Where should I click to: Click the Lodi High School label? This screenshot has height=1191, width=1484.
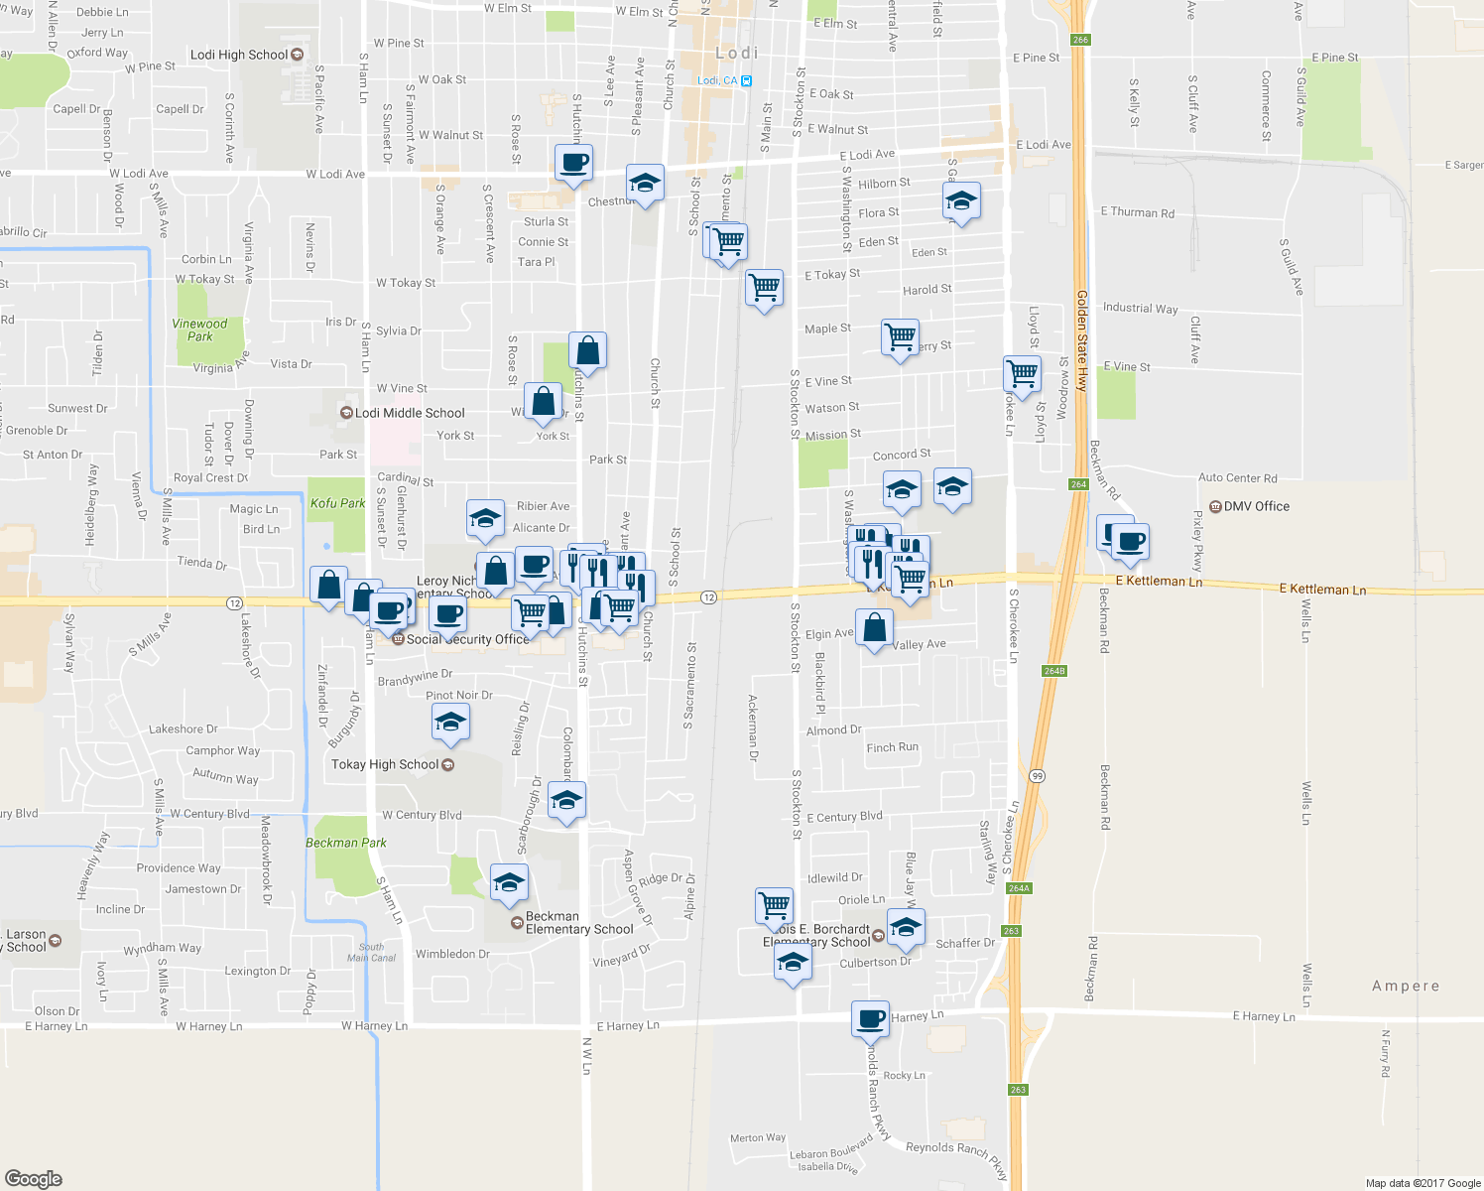click(239, 55)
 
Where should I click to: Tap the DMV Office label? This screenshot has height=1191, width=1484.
click(1256, 506)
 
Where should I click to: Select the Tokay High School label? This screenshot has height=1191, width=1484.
click(385, 764)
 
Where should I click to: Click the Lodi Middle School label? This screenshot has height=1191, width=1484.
click(410, 413)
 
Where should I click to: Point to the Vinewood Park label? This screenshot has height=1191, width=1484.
click(199, 330)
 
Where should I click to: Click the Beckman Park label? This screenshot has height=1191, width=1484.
click(346, 843)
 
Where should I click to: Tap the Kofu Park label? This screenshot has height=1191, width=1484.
click(337, 503)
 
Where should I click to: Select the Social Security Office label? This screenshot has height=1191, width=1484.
click(467, 639)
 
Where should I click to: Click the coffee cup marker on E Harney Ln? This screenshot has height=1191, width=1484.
click(870, 1018)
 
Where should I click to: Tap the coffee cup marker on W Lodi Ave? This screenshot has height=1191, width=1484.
click(573, 162)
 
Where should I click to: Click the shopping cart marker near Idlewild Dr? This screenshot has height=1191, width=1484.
click(774, 904)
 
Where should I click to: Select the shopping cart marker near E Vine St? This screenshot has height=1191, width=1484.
click(1022, 373)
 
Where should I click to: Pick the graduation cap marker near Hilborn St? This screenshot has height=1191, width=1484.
click(960, 200)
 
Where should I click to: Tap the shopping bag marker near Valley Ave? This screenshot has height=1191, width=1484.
click(874, 627)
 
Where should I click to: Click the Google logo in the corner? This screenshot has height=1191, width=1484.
click(34, 1178)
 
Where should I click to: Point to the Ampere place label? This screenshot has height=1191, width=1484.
click(1405, 986)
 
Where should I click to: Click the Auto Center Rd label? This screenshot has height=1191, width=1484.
click(1237, 477)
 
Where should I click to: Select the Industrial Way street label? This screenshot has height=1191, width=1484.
click(1140, 308)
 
